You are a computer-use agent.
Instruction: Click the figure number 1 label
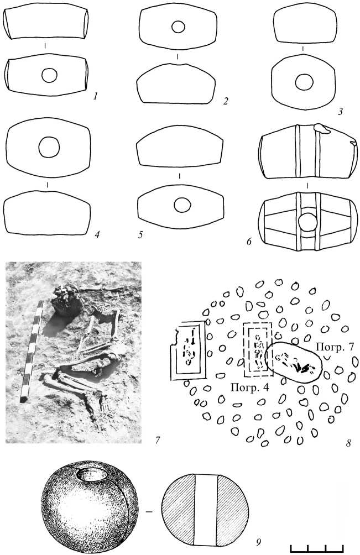point(95,96)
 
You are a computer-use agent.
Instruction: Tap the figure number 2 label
point(226,101)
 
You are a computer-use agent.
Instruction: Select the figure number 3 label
point(341,112)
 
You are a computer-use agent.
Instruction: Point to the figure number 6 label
point(249,242)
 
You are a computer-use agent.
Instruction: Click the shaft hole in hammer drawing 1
point(49,75)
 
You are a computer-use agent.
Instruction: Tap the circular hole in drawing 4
point(49,148)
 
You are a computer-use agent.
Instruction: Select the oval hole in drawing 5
point(182,205)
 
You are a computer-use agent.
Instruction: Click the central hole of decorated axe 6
point(307,222)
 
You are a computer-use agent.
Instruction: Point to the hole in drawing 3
point(304,83)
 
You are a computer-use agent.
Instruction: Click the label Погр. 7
point(335,347)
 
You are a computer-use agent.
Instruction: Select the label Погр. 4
point(249,387)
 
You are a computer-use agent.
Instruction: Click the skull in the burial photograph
point(66,300)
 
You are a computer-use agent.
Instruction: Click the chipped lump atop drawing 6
point(322,129)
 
